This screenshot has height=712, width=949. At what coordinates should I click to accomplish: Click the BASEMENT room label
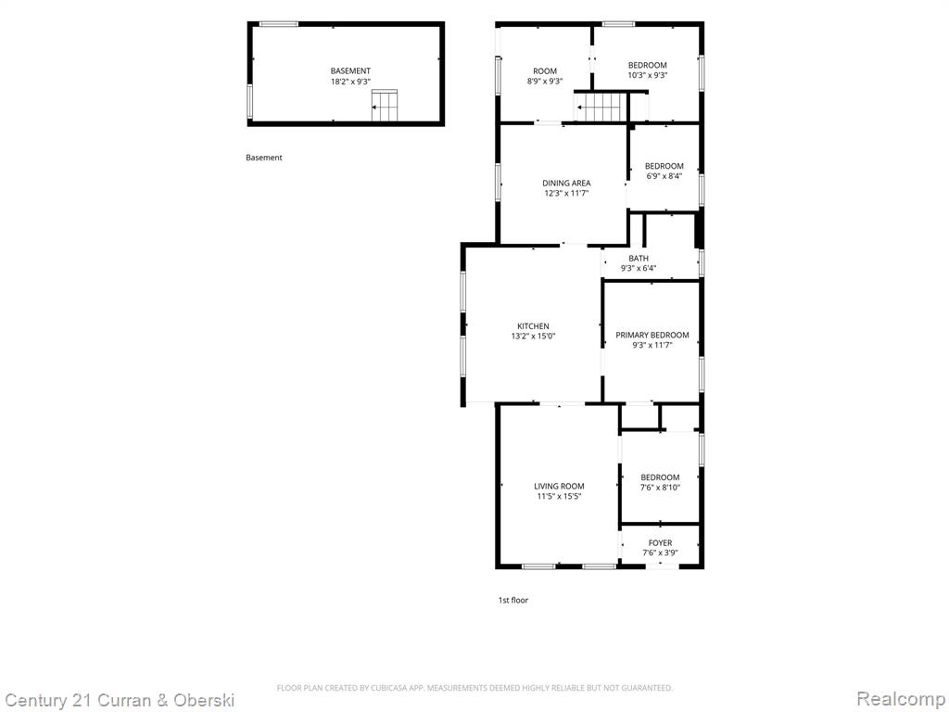(x=350, y=70)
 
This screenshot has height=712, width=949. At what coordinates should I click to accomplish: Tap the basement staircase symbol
(x=385, y=106)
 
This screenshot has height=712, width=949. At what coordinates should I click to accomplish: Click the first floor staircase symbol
(x=599, y=108)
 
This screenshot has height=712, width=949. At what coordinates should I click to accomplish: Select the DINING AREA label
(x=566, y=183)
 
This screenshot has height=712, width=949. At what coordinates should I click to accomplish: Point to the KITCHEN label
(x=533, y=326)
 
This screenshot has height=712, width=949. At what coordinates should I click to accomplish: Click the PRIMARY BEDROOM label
(x=652, y=335)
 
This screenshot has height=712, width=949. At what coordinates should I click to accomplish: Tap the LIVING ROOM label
(x=559, y=486)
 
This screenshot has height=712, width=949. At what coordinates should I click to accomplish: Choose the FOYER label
(x=660, y=542)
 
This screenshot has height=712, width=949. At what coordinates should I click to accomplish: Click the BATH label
(x=639, y=258)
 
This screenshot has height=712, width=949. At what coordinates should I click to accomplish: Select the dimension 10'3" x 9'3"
(x=648, y=75)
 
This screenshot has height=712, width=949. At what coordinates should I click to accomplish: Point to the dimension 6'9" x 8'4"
(x=664, y=176)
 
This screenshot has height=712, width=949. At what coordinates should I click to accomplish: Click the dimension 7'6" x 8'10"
(x=660, y=488)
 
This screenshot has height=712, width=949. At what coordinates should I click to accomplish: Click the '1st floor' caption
(x=513, y=600)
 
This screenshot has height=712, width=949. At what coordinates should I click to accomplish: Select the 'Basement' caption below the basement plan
(x=264, y=158)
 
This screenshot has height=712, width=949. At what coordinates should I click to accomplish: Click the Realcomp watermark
(x=901, y=699)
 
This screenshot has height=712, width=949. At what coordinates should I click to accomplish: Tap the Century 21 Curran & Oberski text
(x=120, y=701)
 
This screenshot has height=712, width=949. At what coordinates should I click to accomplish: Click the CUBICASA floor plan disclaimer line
(x=474, y=688)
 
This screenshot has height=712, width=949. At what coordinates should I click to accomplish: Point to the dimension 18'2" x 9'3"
(x=350, y=82)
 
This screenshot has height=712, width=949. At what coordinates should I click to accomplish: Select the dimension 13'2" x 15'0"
(x=533, y=336)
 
